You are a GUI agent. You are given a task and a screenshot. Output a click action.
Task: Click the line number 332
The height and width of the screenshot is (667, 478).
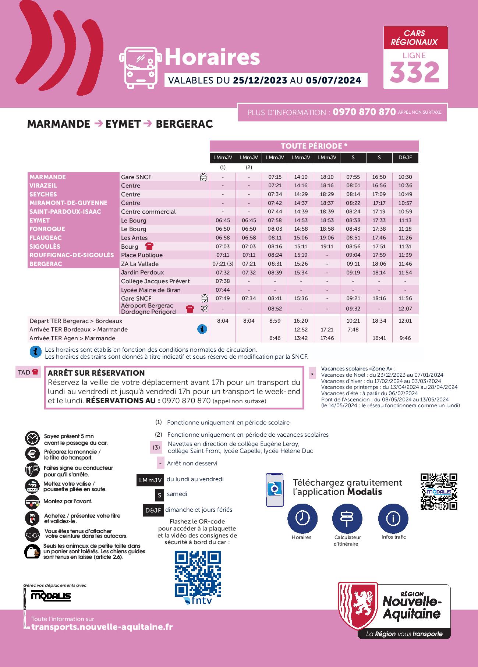click(x=415, y=72)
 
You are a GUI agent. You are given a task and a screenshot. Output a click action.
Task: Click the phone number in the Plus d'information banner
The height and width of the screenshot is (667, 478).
click(x=364, y=112)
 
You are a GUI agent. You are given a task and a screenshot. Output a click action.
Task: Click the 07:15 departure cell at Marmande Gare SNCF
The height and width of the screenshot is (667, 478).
click(x=275, y=177)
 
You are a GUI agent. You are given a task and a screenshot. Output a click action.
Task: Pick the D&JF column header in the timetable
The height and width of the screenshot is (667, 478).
click(x=405, y=157)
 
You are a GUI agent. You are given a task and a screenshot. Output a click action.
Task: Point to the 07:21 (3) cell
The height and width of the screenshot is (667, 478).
click(x=223, y=264)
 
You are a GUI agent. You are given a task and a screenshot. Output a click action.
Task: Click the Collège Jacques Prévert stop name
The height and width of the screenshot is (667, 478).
click(x=155, y=281)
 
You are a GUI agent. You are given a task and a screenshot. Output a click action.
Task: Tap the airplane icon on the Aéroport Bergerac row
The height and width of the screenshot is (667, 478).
click(x=204, y=309)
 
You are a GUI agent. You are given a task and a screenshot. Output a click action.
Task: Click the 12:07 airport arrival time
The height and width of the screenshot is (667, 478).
click(x=405, y=309)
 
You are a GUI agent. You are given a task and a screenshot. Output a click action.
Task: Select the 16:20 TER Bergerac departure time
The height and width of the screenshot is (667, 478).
click(x=301, y=321)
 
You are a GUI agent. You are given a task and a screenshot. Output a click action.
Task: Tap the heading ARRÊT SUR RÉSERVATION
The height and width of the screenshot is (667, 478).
click(x=96, y=373)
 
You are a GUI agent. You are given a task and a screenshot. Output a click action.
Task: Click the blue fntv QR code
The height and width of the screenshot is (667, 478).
click(x=198, y=574)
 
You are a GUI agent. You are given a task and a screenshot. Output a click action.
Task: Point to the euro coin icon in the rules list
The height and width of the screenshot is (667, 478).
click(x=32, y=454)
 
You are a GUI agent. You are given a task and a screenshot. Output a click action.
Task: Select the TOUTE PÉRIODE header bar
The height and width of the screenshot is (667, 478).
click(x=314, y=146)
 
